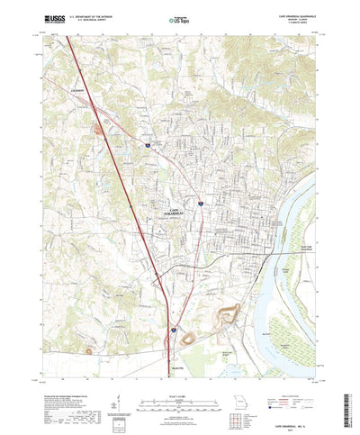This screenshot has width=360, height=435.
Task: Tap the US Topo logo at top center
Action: coord(179,17)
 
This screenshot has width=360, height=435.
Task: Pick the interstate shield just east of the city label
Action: coord(202,206)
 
